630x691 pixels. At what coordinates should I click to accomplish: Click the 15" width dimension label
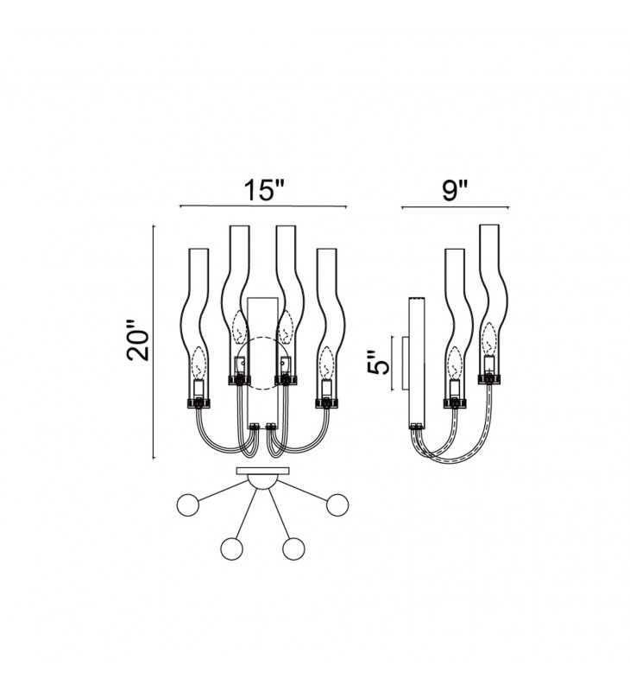265,190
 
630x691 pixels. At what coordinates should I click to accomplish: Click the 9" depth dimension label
454,190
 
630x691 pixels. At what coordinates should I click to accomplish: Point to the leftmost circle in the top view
187,504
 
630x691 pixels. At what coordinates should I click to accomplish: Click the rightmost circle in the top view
337,504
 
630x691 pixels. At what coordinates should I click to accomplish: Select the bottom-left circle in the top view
232,549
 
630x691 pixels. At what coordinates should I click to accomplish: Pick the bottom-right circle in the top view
293,549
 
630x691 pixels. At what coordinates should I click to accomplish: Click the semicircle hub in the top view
263,481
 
